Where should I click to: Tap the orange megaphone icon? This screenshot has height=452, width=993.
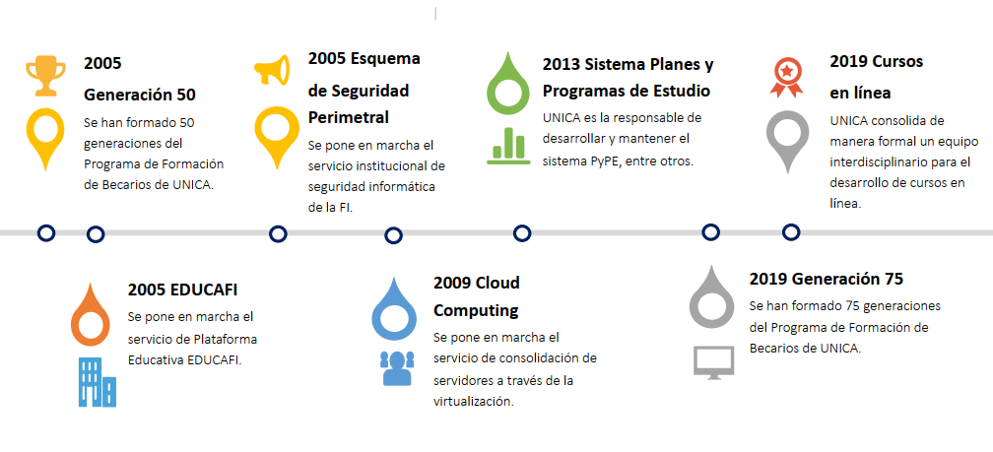click(272, 70)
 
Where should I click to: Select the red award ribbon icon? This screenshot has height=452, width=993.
click(786, 78)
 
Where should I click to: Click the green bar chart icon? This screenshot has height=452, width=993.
click(508, 146)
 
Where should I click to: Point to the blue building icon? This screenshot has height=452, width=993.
click(98, 382)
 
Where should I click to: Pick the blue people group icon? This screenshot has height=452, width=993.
click(397, 368)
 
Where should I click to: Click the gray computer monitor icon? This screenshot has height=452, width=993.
click(713, 362)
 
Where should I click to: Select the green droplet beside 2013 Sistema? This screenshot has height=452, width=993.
click(509, 83)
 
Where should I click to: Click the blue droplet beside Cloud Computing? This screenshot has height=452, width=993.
click(394, 309)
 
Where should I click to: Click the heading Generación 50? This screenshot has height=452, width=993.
click(140, 95)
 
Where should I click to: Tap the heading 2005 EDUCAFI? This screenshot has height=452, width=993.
click(182, 290)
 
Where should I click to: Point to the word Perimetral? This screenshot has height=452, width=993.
click(349, 118)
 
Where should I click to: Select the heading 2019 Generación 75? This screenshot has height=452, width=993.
click(826, 279)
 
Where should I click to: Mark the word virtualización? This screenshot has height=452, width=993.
click(473, 402)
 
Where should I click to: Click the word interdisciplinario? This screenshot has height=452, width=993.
click(881, 162)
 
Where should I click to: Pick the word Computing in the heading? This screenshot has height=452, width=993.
click(476, 311)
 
